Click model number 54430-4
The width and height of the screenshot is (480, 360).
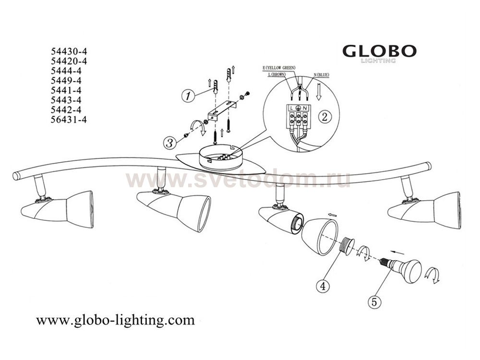point(69,51)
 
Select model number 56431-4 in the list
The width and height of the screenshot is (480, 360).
point(69,120)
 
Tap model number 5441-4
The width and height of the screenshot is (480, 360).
point(66,90)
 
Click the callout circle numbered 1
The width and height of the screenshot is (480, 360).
point(188,96)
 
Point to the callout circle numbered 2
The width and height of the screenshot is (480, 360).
point(325,116)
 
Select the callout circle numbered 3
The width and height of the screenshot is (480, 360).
point(170,143)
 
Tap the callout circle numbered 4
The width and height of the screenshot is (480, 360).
point(323,286)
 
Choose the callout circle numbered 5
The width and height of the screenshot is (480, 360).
point(374,302)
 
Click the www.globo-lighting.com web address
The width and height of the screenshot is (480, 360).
point(115,320)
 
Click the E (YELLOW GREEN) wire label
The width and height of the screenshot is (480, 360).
point(279,68)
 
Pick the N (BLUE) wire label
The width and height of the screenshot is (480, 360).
point(321,75)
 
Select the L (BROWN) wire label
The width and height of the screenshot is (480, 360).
point(276,74)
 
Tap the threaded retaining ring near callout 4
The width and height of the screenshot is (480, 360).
point(348,245)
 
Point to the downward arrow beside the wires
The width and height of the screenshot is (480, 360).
point(319,92)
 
